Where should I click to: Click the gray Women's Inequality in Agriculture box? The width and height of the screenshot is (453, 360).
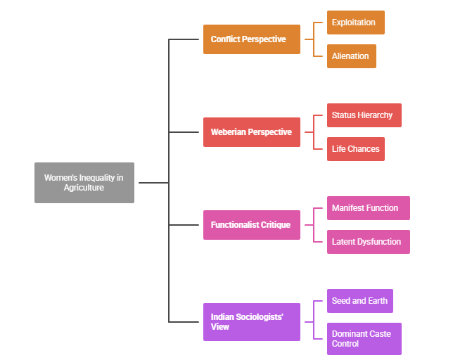(x=84, y=183)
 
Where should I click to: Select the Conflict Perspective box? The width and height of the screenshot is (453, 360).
(x=251, y=39)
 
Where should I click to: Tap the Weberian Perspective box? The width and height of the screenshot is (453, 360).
(x=251, y=132)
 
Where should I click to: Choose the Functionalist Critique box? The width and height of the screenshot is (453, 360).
(x=251, y=225)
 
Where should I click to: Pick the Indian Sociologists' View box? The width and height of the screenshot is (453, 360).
(x=251, y=322)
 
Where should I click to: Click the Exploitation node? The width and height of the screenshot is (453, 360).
(x=355, y=22)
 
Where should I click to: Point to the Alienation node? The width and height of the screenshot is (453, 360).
(x=351, y=56)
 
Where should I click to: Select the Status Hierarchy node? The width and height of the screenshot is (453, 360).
(x=364, y=115)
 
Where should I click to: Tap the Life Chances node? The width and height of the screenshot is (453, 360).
(x=355, y=149)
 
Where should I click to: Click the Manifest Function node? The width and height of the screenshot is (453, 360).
(x=368, y=208)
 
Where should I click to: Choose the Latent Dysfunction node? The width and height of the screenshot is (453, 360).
(x=368, y=242)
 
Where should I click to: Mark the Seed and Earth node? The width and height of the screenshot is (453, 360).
(x=359, y=301)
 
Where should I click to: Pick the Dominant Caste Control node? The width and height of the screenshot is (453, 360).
(x=364, y=339)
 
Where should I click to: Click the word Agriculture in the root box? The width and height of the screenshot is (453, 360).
(x=84, y=188)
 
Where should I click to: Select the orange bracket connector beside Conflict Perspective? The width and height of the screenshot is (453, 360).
(x=313, y=39)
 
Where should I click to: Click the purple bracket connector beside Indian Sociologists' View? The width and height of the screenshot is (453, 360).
(x=313, y=321)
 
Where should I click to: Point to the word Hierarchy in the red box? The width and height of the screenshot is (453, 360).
(x=376, y=115)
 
